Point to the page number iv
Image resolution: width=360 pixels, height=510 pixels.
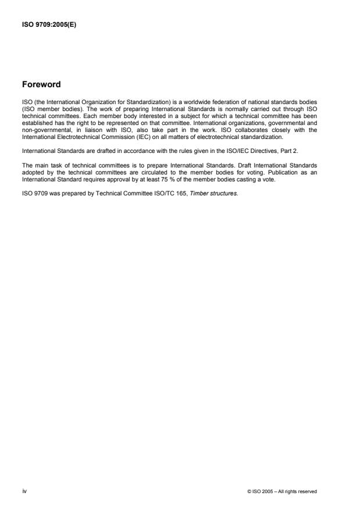24,491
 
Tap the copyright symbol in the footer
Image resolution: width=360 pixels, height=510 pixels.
248,492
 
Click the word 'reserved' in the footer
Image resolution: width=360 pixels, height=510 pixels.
306,492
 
